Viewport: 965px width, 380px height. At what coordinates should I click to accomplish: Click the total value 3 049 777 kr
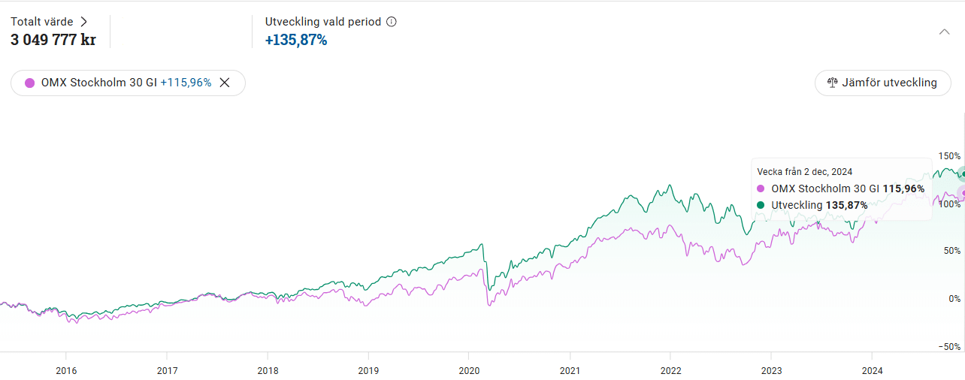(53, 40)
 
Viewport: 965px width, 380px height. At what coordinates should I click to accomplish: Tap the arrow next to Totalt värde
(83, 22)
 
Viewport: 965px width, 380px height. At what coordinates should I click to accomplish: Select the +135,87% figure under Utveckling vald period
(296, 40)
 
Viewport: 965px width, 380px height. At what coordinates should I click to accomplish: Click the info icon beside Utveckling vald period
(391, 22)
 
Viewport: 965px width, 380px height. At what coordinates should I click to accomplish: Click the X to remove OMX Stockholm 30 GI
(224, 83)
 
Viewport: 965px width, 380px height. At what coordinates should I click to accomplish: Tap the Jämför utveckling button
(882, 83)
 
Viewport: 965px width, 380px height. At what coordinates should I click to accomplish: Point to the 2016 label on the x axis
(66, 369)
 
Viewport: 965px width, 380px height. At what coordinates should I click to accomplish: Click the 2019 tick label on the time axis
(368, 369)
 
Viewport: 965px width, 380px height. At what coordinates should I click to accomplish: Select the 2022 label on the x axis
(670, 369)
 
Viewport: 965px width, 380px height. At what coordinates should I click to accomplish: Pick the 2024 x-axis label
(872, 369)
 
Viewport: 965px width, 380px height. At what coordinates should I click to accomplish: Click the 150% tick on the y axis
(949, 156)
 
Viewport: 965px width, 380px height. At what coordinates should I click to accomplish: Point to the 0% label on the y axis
(954, 299)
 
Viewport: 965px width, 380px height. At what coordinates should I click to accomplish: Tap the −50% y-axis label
(949, 347)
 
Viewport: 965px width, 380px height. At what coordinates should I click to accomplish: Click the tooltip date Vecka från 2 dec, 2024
(804, 172)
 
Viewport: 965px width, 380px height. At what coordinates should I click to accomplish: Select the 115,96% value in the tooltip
(903, 188)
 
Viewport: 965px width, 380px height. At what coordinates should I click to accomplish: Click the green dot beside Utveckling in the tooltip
(761, 205)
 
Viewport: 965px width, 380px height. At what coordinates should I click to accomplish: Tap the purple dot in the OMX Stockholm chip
(30, 83)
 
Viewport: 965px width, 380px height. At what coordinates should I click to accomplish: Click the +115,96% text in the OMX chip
(186, 83)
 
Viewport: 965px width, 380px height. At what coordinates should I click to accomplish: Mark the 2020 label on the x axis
(469, 369)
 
